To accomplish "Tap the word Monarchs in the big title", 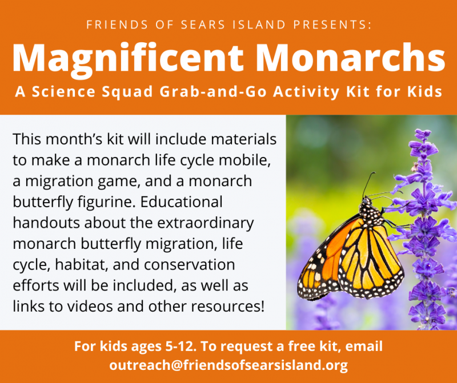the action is pos(350,58).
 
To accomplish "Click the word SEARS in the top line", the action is pos(203,25).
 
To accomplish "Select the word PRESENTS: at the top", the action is pos(332,25).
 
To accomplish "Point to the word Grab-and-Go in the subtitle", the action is pos(213,92).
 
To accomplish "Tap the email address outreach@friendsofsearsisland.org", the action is pos(228,365).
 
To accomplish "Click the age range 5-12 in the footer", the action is pos(179,346).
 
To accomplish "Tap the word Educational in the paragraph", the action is pos(181,202).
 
